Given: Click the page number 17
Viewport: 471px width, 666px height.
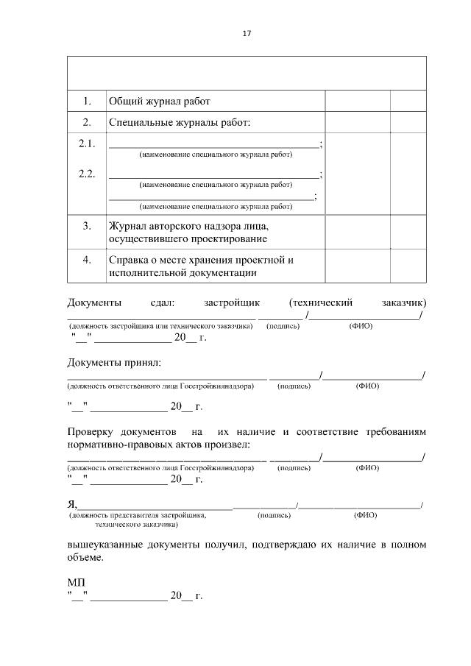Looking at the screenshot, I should click(x=247, y=33).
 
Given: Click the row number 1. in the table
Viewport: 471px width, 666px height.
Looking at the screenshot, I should click(x=87, y=101).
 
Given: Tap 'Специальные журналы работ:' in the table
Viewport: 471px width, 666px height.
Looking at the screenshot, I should click(x=180, y=122).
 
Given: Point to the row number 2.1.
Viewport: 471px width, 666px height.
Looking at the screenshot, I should click(x=87, y=144).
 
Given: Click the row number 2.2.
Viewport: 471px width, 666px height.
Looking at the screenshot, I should click(x=87, y=174).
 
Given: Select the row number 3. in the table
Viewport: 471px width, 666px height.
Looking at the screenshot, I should click(x=87, y=225).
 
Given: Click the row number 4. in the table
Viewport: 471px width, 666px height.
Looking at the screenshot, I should click(x=87, y=260).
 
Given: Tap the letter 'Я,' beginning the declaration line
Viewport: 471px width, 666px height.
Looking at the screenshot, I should click(x=72, y=503).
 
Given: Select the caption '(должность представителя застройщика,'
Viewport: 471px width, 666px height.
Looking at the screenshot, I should click(x=138, y=515).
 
